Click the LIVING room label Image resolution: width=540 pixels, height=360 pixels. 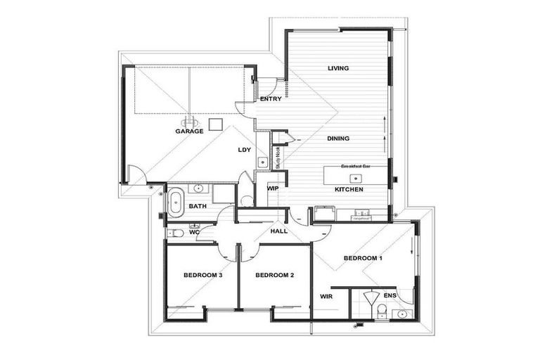point(338,68)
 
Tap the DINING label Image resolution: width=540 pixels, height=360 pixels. point(338,139)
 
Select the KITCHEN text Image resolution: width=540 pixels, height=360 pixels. point(348,191)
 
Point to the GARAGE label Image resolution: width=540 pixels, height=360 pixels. point(189,131)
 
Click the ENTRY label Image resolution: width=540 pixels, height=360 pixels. point(271,99)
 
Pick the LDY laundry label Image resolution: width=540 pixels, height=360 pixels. point(245,150)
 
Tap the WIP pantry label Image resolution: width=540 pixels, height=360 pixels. point(272,188)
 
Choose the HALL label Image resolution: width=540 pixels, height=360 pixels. point(278,231)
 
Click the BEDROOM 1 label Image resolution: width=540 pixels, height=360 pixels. point(362,258)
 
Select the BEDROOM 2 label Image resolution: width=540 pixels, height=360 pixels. point(274,274)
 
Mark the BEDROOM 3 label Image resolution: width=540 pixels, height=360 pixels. point(203,274)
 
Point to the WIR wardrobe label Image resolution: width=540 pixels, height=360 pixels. point(326,297)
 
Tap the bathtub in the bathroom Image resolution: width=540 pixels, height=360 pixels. point(176,202)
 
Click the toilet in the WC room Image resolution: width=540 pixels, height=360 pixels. point(176,233)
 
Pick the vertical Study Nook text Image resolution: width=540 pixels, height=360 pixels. point(278,157)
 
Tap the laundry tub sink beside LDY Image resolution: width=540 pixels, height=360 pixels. point(262,162)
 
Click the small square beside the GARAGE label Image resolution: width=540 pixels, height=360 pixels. point(217,124)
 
